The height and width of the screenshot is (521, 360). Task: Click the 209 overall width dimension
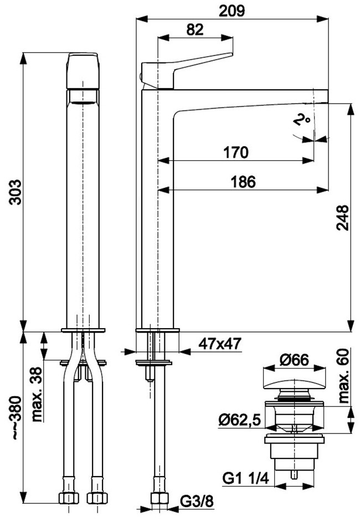(232, 11)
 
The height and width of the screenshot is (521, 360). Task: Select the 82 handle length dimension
(194, 29)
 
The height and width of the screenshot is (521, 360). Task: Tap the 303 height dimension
(15, 192)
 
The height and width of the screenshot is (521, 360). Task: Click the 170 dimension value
(236, 152)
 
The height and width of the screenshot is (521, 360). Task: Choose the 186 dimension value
(244, 182)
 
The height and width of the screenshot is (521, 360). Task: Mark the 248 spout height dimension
(342, 218)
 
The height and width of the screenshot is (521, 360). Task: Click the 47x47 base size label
(219, 344)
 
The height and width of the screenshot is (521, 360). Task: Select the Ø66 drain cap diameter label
(294, 360)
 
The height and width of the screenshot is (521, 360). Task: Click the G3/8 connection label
(197, 500)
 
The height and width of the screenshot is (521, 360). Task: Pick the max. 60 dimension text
(344, 375)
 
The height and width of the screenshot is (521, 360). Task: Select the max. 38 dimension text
(37, 394)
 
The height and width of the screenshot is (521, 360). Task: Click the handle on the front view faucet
(83, 70)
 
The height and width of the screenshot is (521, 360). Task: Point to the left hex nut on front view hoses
(69, 498)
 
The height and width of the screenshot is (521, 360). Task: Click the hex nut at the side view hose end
(159, 498)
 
